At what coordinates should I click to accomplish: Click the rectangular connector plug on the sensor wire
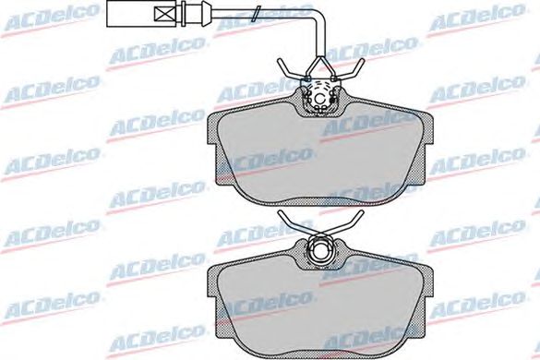point(146,14)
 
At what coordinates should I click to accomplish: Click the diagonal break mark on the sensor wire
point(256,14)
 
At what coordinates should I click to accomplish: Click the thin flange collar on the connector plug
point(186,14)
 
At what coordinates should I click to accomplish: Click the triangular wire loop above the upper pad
point(320,68)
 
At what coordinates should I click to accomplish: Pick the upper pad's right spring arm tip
point(361,61)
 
